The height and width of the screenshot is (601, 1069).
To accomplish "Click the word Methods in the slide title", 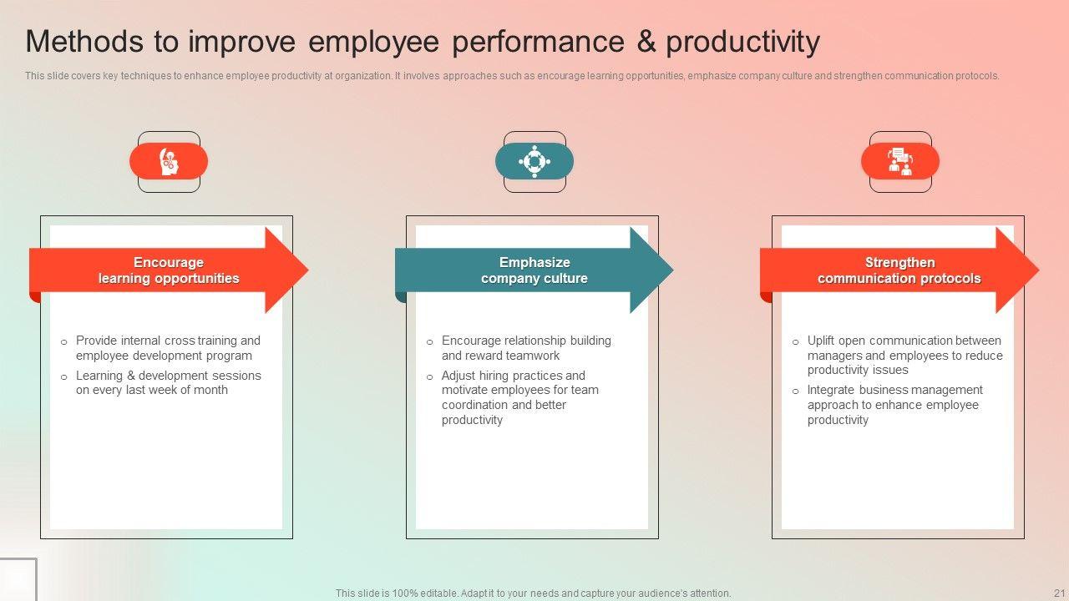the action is pyautogui.click(x=84, y=42).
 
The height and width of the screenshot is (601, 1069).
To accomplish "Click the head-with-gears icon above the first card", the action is pyautogui.click(x=169, y=161).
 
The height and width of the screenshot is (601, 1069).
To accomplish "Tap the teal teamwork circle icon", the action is pyautogui.click(x=534, y=161).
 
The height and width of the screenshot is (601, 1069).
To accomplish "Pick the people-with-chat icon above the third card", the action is pyautogui.click(x=900, y=161).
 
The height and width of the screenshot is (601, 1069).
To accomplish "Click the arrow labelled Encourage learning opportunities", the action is pyautogui.click(x=169, y=270).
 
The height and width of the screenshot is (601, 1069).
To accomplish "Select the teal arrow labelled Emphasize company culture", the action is pyautogui.click(x=534, y=270).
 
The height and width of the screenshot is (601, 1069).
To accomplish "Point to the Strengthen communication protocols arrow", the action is pyautogui.click(x=899, y=270).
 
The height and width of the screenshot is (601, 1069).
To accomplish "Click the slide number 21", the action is pyautogui.click(x=1058, y=593).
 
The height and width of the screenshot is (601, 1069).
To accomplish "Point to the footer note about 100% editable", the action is pyautogui.click(x=533, y=593).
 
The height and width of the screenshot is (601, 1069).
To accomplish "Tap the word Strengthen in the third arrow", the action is pyautogui.click(x=899, y=262).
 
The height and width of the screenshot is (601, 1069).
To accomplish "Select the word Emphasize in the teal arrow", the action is pyautogui.click(x=534, y=262).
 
